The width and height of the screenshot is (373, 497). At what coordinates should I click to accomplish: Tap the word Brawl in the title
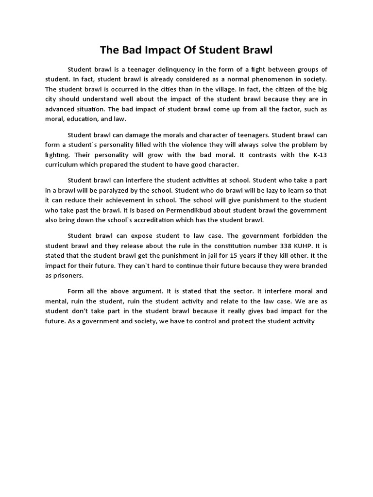257,50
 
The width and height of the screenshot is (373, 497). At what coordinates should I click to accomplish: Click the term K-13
318,155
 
